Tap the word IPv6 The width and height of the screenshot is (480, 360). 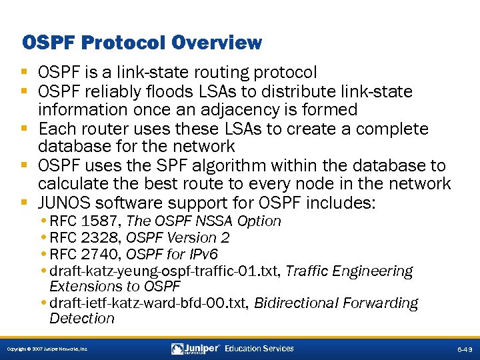pyautogui.click(x=201, y=254)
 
